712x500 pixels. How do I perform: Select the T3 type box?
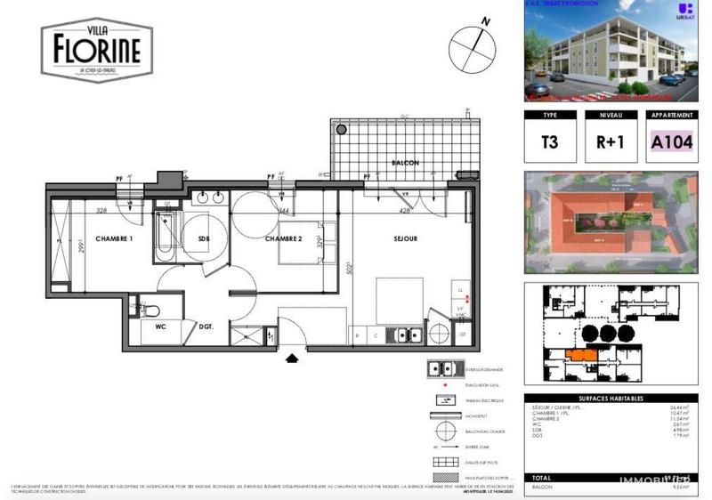pos(549,142)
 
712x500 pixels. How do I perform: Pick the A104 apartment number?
pos(671,142)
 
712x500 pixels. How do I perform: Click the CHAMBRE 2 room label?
pos(284,238)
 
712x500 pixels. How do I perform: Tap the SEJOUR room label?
pos(406,238)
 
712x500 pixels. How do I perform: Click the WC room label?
pos(161,327)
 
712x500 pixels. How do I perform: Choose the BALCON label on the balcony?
pos(405,163)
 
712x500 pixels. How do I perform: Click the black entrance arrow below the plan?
pos(292,359)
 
